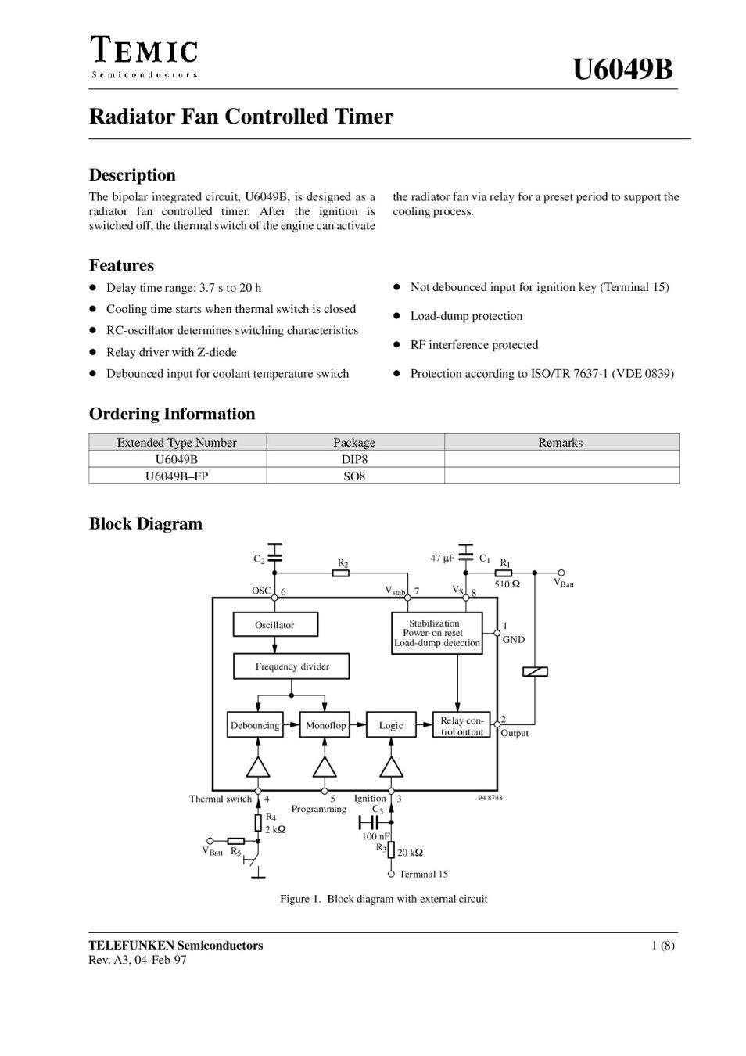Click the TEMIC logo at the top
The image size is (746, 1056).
point(143,56)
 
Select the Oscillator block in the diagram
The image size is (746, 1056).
point(274,625)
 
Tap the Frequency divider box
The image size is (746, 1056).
point(292,666)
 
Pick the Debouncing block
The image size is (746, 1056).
point(255,725)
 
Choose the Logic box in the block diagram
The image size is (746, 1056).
point(391,725)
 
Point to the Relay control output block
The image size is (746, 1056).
point(461,726)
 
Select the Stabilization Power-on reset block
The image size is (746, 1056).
point(436,633)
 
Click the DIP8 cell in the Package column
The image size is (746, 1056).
point(354,459)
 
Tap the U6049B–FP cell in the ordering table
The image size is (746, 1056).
point(177,476)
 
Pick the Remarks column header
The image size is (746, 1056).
point(560,442)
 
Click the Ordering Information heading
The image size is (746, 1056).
point(172,414)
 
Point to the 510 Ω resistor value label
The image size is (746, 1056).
point(507,584)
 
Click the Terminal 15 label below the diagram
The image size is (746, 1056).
point(423,874)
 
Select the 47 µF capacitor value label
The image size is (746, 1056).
point(443,559)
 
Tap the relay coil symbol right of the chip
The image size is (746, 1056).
point(535,671)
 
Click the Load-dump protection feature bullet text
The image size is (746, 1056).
point(466,316)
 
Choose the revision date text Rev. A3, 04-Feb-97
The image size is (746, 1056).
point(138,960)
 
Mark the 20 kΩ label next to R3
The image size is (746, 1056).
point(410,853)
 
